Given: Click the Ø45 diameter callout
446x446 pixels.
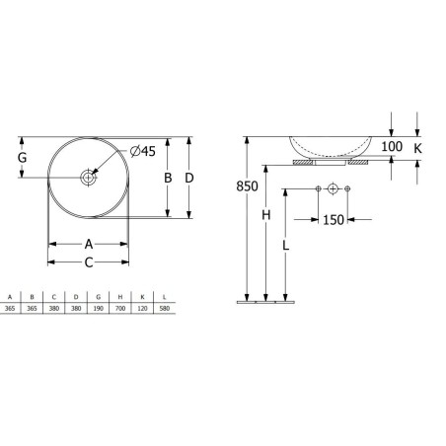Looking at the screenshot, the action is [143, 151].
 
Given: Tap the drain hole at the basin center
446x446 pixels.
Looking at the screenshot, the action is [88, 178].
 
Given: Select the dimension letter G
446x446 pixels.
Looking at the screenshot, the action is [22, 158].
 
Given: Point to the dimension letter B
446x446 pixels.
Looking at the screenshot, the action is [168, 178].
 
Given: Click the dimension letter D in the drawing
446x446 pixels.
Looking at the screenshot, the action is [189, 178].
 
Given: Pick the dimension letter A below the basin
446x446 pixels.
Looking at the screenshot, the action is [89, 245].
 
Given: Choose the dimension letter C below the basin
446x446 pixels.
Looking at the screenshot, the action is [89, 262].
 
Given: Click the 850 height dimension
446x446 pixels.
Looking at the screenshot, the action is [247, 186].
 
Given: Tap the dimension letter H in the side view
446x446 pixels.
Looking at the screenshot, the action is [266, 215].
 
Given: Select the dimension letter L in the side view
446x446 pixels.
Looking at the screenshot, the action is [286, 245].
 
